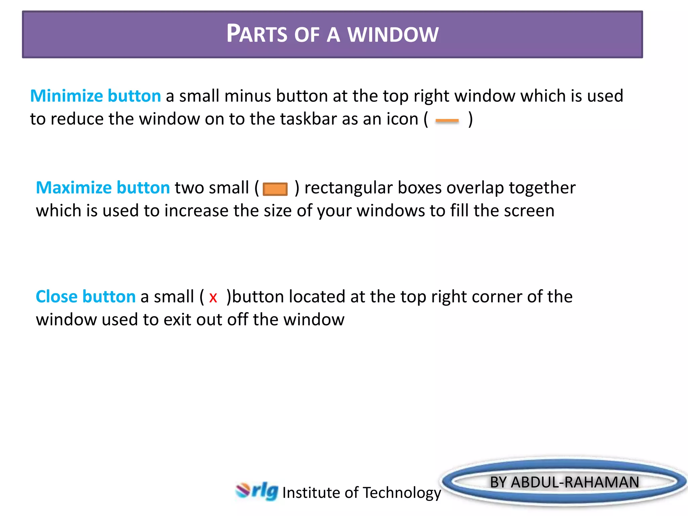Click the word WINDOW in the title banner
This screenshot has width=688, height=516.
tap(393, 34)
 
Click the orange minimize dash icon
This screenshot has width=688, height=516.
tap(447, 121)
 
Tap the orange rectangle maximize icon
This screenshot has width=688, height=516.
tap(275, 189)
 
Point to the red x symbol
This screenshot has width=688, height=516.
tap(213, 298)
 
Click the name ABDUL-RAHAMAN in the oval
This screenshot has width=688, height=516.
tap(574, 482)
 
